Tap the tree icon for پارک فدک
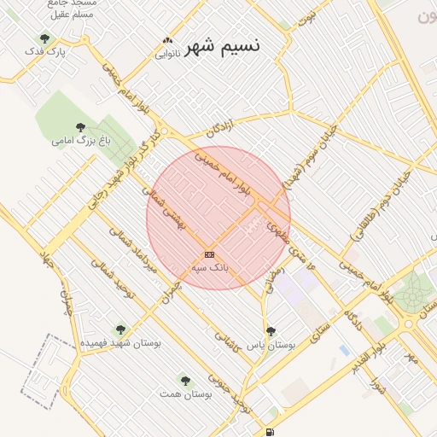(x=44, y=38)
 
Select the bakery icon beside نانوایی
(x=167, y=41)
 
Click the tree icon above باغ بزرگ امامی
(x=80, y=127)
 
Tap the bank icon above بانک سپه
(x=209, y=255)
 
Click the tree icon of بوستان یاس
(x=271, y=331)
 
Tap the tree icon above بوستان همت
(x=185, y=380)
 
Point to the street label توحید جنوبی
(x=232, y=394)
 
